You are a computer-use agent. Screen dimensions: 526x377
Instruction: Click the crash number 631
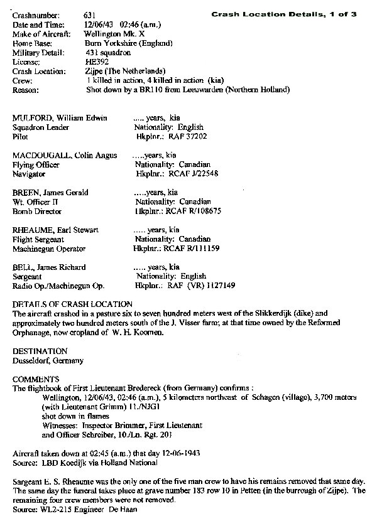click(90, 14)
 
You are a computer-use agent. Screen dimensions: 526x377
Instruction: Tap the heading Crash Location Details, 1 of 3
click(283, 14)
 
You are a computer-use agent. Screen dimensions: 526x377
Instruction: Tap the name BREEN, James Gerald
click(50, 192)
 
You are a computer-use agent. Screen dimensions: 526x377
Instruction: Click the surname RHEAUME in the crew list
click(31, 230)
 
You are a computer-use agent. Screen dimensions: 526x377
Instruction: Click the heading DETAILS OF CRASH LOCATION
click(72, 304)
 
